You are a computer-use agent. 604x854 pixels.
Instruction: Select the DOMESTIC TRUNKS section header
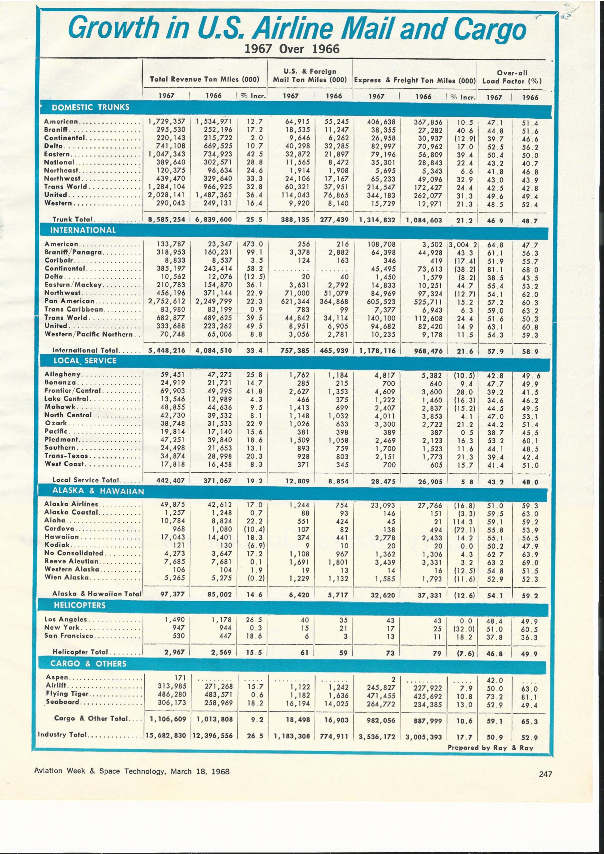(x=90, y=107)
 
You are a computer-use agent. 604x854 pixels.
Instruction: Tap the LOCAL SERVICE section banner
(x=85, y=360)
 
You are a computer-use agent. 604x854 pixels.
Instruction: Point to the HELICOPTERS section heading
(x=80, y=605)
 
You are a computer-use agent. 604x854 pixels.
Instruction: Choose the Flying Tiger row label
(x=67, y=693)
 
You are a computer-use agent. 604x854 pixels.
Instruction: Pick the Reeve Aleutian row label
(x=71, y=561)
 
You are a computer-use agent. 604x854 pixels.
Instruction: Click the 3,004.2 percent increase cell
(x=463, y=245)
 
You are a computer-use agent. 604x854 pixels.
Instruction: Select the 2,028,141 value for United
(x=167, y=195)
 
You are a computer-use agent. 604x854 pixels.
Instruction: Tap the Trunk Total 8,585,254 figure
(x=167, y=220)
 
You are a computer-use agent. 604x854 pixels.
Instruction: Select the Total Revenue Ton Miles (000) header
(x=204, y=79)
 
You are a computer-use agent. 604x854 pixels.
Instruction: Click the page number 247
(x=546, y=774)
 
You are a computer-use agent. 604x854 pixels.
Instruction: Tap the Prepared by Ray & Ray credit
(x=490, y=748)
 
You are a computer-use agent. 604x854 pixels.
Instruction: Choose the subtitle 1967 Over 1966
(x=292, y=49)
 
